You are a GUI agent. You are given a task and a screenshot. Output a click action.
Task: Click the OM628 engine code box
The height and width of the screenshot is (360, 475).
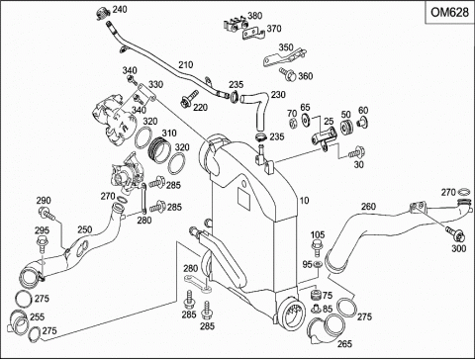pos(449,12)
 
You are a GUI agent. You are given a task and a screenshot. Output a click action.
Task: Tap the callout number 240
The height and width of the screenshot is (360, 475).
pos(120,9)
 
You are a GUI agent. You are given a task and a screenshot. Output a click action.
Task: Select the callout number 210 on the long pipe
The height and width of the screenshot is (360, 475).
pos(186,64)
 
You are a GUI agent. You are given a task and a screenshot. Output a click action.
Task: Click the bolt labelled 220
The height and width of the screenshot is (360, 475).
pos(189,99)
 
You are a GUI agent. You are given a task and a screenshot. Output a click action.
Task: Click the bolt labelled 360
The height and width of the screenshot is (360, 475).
pos(287,74)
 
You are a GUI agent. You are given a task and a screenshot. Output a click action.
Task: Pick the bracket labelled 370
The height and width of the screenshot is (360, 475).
pos(253,35)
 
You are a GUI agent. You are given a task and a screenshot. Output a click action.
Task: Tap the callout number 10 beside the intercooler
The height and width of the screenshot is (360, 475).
pos(305,201)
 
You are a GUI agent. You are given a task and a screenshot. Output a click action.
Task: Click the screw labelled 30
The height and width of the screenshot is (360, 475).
pos(356,152)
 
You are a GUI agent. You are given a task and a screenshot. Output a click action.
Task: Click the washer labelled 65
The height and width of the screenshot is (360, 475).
pos(306,120)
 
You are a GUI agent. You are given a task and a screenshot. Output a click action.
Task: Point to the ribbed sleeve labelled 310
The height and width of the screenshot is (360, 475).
pos(159,150)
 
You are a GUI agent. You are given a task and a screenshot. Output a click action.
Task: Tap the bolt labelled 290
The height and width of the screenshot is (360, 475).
pos(47,213)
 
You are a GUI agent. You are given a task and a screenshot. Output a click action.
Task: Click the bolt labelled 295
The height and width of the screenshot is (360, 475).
pos(44,245)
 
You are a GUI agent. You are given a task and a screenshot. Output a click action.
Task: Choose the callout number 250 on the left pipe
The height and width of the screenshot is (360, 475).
pos(85,229)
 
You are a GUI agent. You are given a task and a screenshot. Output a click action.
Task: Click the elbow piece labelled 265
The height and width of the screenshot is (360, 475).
pos(325,329)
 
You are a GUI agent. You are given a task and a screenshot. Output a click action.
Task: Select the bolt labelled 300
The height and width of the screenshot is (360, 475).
pos(456,233)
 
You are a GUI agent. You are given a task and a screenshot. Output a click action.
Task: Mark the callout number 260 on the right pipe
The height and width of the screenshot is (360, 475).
pos(368,207)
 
